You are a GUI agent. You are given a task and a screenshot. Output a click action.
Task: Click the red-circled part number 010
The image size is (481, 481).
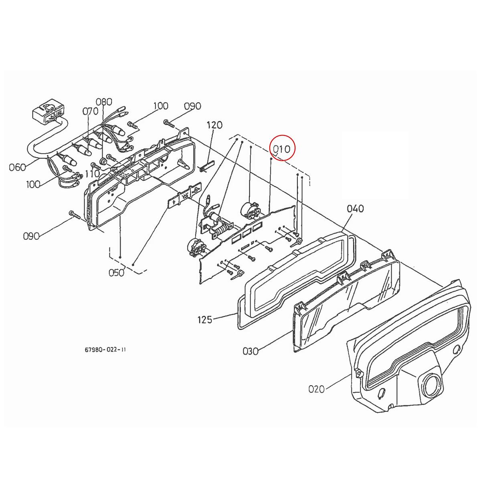282,149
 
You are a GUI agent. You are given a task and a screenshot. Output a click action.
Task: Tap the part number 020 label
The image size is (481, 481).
317,389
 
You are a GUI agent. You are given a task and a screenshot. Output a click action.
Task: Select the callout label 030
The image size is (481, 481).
251,351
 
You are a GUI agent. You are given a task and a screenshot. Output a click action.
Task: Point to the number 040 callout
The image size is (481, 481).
355,208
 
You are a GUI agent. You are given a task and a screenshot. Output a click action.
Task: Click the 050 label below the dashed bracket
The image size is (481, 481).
116,273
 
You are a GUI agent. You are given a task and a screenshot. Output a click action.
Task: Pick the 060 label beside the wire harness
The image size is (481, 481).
18,167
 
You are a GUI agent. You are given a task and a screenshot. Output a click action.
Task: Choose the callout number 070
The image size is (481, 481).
90,111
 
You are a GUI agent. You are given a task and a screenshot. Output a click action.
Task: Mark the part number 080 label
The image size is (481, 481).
104,102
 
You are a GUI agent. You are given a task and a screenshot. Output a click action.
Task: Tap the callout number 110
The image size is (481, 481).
92,174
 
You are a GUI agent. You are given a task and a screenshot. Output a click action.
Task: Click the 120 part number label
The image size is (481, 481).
214,125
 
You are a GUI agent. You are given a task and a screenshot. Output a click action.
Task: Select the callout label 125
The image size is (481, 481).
205,320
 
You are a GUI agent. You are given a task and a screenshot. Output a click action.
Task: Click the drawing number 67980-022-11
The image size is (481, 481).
105,350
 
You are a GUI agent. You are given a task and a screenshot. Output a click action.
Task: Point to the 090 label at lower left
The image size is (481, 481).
31,236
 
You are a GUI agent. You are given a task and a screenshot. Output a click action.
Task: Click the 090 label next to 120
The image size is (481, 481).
192,106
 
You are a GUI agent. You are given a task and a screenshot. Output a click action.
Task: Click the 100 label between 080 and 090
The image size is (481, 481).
160,106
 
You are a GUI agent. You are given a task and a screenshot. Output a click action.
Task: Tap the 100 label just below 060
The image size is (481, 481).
33,184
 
